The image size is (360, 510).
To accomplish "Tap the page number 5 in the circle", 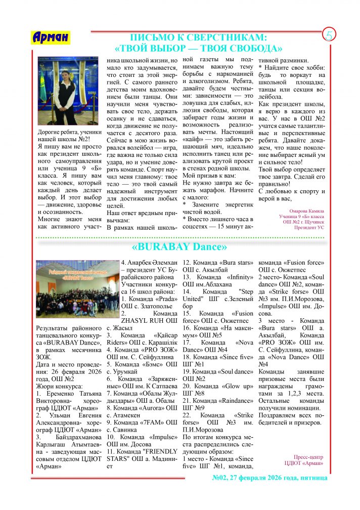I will pos(330,35).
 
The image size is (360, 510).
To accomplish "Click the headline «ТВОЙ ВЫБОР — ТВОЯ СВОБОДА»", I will pos(199,49).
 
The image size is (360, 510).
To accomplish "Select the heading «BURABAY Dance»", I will pos(179,247).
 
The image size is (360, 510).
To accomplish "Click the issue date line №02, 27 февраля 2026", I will pos(269,478).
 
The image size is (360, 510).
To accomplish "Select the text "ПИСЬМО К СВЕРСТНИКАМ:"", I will pos(199,37).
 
